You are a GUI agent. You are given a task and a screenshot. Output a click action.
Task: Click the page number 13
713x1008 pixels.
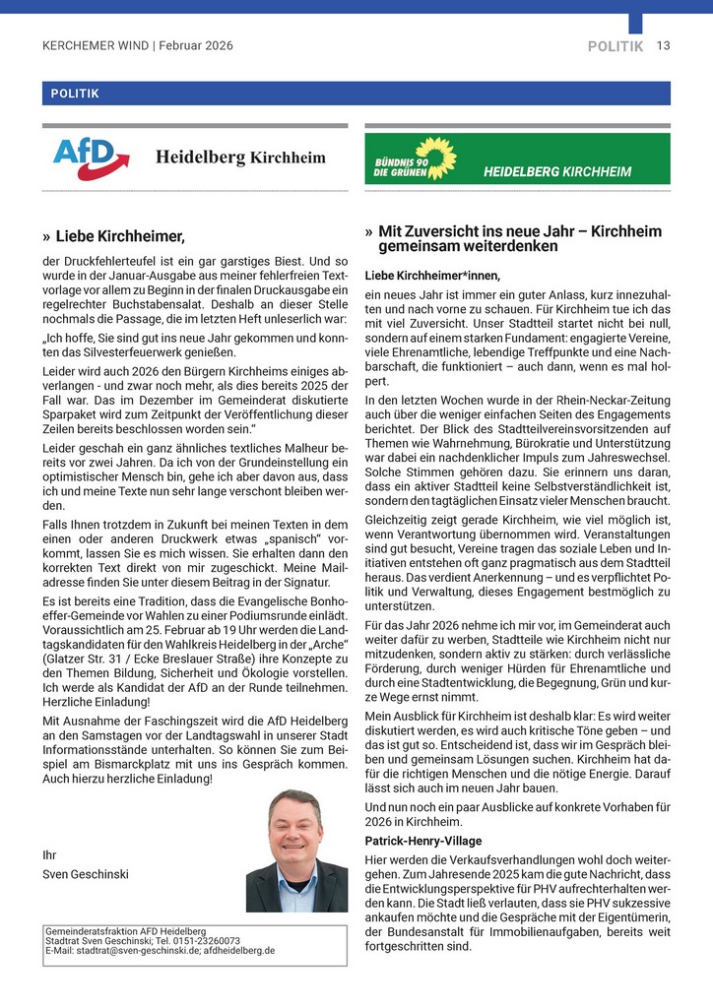(x=664, y=46)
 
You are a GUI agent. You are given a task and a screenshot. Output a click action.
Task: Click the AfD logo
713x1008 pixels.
(x=92, y=157)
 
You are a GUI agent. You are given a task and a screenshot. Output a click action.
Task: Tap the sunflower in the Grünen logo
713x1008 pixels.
(x=436, y=157)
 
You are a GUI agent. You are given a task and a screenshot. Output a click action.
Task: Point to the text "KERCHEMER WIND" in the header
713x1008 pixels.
(x=96, y=46)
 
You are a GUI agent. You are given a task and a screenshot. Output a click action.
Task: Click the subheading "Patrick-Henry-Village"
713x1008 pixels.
(x=423, y=841)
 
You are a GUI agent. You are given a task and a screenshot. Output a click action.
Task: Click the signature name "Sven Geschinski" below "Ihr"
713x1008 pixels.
(x=86, y=873)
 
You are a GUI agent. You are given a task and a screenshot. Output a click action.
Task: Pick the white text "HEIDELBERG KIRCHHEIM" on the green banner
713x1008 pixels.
(x=557, y=171)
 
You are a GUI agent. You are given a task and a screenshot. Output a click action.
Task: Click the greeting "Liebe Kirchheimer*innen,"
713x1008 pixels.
(x=432, y=275)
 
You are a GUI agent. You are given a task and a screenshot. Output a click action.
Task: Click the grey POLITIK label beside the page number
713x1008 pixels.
(x=616, y=46)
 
